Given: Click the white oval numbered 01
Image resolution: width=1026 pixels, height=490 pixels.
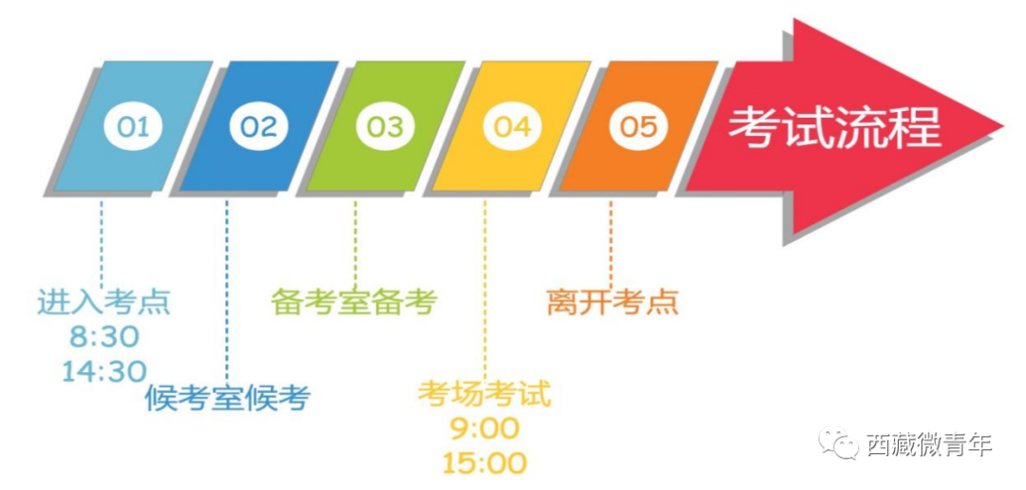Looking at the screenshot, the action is point(133,126).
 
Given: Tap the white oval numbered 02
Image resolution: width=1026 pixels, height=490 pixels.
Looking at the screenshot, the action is point(258,126).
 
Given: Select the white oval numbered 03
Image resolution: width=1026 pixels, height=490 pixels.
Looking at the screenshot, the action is point(386,126).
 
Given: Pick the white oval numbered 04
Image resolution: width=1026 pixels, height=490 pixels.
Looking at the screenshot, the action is point(512,126).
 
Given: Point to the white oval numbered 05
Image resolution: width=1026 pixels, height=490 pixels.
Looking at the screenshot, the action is point(638,126).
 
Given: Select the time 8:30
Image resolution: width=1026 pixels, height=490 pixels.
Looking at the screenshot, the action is point(104,338).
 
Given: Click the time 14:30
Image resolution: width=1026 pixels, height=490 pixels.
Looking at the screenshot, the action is point(104,371).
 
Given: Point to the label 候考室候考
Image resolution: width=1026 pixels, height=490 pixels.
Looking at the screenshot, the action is point(227,397).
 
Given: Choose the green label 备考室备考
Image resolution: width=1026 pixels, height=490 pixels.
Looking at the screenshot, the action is point(354,302).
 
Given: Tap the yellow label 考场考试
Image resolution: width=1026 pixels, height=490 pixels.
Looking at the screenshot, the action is point(484,394).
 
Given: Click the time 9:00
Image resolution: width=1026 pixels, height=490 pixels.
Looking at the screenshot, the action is point(484,430).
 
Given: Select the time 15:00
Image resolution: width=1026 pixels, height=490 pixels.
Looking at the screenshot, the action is point(484,463).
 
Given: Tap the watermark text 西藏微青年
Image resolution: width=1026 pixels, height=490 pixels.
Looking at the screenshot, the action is point(929,444).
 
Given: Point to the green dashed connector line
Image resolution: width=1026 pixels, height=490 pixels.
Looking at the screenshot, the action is point(355,242).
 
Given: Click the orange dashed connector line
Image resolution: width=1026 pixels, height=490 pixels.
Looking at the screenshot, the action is point(611,243).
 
